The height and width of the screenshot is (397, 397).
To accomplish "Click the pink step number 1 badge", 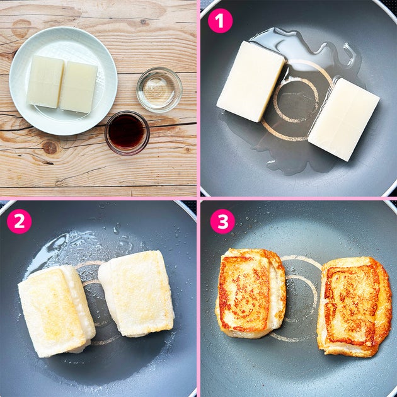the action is (x=220, y=21).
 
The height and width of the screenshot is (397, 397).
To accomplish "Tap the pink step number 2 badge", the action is (x=20, y=221).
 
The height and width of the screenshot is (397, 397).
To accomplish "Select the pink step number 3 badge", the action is (x=222, y=221).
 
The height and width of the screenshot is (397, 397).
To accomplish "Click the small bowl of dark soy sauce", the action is (x=127, y=133).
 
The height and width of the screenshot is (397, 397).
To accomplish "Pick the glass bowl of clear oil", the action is (x=159, y=89).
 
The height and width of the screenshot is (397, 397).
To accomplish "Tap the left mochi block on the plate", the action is (x=45, y=81).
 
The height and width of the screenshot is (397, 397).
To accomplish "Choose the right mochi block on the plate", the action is (x=79, y=87).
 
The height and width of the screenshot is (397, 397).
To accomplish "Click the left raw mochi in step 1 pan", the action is (x=251, y=81).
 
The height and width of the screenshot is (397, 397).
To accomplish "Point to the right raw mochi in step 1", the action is (x=343, y=119).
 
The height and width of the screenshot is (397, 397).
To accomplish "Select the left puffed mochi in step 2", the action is (x=56, y=311).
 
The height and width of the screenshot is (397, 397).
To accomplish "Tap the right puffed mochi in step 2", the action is (x=137, y=293).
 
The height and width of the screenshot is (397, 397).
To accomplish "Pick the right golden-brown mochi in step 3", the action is (x=354, y=306).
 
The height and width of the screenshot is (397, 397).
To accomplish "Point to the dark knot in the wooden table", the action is (x=50, y=147).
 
